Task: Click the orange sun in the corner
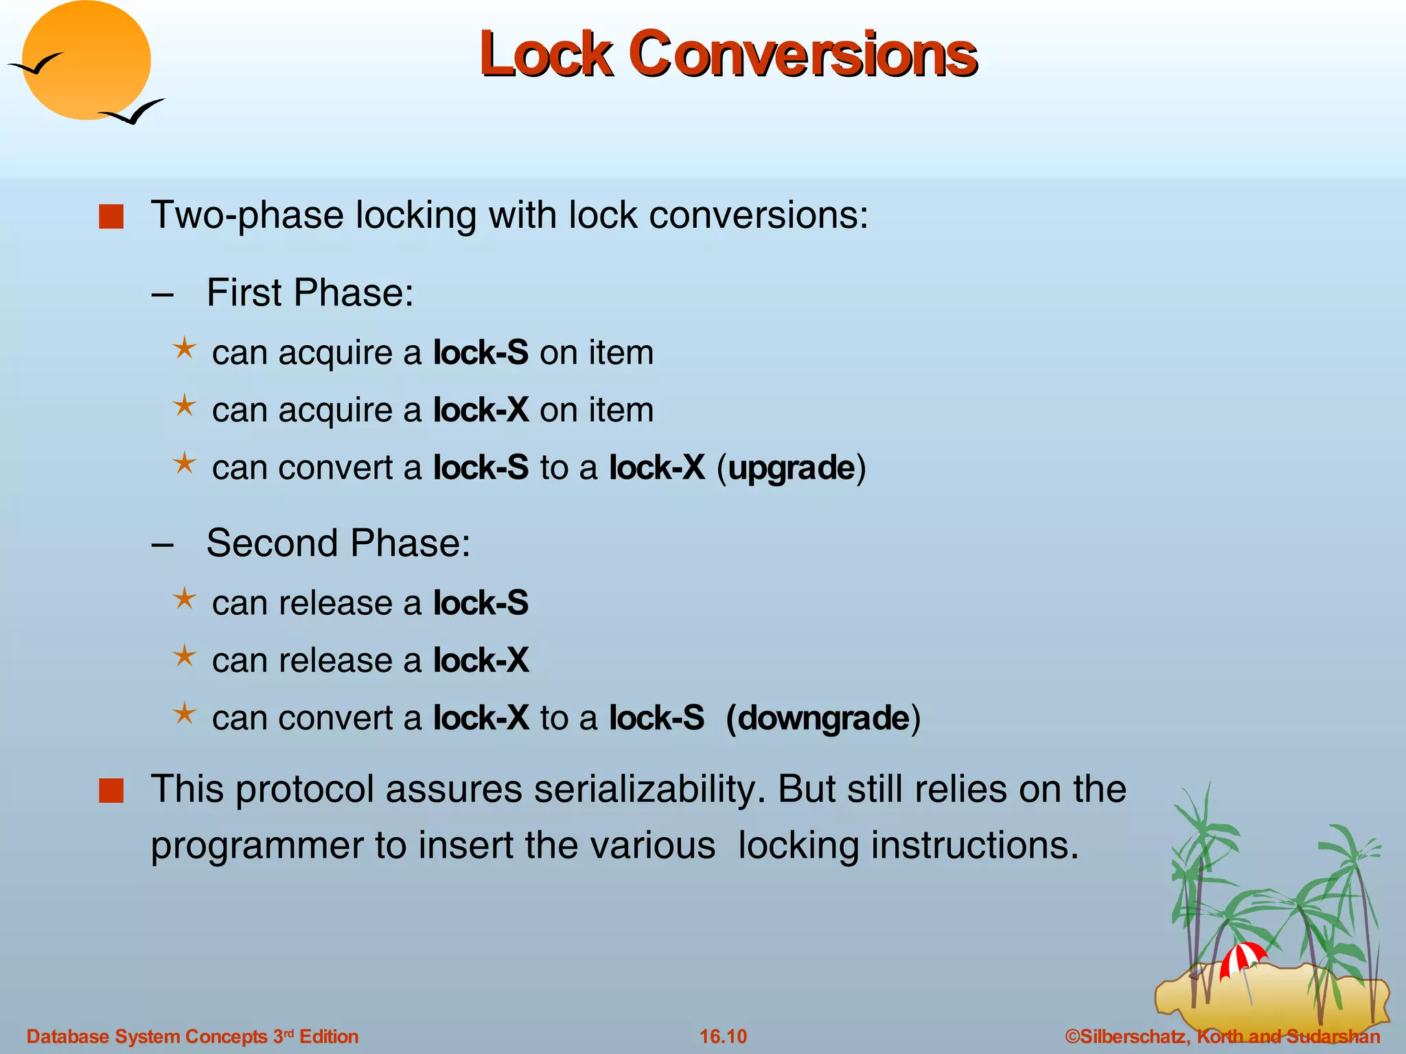click(x=87, y=60)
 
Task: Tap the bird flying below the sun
click(x=132, y=112)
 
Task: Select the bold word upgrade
click(x=791, y=468)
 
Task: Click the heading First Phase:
click(x=310, y=293)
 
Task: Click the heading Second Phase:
click(x=338, y=543)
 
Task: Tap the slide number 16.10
click(x=723, y=1036)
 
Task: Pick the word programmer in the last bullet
click(x=257, y=845)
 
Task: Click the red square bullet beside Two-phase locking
click(x=111, y=217)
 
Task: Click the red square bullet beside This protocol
click(x=111, y=790)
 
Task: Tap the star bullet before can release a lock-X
click(x=184, y=657)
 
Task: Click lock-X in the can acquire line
click(x=481, y=410)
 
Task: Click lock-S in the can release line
click(x=481, y=603)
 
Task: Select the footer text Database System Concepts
click(x=147, y=1036)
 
